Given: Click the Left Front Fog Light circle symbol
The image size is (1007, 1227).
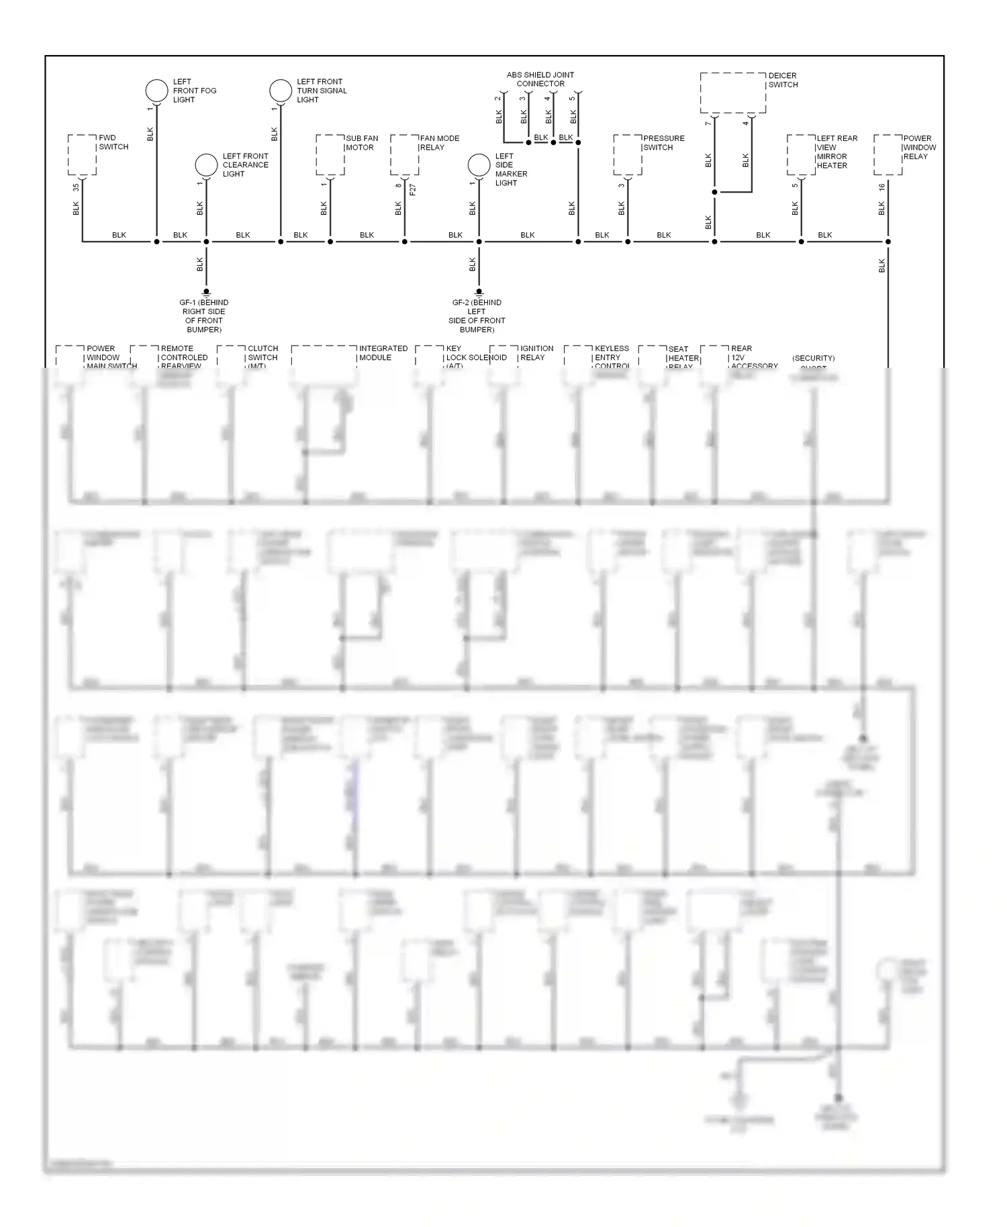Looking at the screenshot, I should pos(156,91).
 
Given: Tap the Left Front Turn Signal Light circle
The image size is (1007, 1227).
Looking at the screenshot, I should pos(281,91).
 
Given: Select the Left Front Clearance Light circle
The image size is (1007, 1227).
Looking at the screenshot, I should pos(206,165).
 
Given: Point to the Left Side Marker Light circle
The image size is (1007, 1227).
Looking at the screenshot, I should pos(479,165).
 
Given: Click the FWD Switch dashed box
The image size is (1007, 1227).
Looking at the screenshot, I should pos(82,154).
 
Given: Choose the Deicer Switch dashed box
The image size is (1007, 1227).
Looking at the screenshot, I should pos(732,93).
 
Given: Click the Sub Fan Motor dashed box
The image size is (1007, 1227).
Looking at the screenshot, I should pos(330,154).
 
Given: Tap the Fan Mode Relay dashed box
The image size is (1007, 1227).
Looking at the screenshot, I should pos(405,154).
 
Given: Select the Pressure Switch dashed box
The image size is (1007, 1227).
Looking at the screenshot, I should pos(628,154).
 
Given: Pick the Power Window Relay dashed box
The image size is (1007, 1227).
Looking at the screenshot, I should pos(888,154).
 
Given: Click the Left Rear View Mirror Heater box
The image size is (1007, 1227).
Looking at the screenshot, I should pos(801,154).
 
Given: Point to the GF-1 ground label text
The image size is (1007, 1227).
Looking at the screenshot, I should pos(204,316).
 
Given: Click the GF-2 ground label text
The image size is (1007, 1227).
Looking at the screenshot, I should pos(477,316).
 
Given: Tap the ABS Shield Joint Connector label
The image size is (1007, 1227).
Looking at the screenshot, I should pos(540,79).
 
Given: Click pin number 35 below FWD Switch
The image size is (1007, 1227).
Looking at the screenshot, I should pos(76,187).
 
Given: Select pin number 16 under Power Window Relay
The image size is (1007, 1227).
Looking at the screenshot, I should pos(881,187).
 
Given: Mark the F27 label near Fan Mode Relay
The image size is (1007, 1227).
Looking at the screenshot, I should pos(413,190).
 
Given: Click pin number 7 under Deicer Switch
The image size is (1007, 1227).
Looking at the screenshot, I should pos(708,124).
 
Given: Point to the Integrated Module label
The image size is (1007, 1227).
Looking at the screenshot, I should pos(383,353).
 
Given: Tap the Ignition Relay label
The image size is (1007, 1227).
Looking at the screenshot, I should pos(536,353).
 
